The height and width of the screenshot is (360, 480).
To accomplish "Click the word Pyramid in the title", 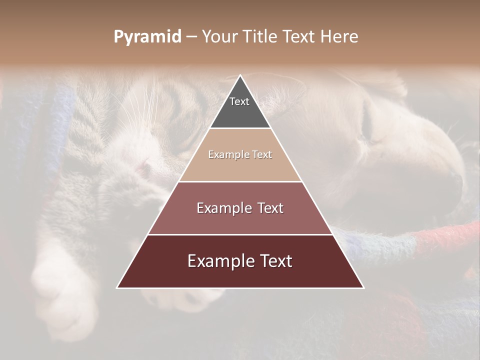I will [x=147, y=37].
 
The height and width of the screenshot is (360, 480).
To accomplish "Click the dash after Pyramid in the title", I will [x=191, y=37].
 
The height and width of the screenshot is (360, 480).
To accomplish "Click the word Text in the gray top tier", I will [x=239, y=101].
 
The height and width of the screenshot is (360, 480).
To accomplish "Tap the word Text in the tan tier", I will [x=262, y=155].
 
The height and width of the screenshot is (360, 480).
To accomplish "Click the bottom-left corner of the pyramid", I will [x=117, y=288].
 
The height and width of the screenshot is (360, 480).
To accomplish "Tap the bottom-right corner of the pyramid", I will [x=363, y=288].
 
